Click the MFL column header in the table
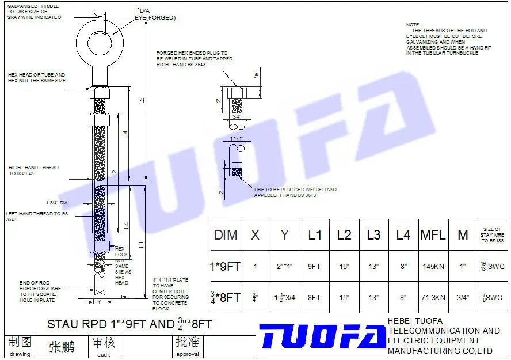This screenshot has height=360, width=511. tap(433, 235)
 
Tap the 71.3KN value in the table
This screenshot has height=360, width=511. tap(433, 298)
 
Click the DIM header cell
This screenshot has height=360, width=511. tap(226, 235)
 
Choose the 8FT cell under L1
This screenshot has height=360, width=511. tap(314, 298)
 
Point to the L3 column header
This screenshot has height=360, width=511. tap(373, 235)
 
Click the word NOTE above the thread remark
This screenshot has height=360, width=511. tap(413, 25)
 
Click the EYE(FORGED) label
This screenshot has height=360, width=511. tap(155, 18)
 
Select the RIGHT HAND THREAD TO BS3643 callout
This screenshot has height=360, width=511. tap(33, 170)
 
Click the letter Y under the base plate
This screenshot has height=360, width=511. tap(99, 301)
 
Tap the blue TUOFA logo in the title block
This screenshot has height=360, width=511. tap(322, 336)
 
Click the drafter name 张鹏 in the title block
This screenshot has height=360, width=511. tap(61, 346)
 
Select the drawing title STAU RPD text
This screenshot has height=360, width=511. tap(129, 324)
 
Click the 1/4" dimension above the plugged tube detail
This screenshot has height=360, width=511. tap(238, 139)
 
